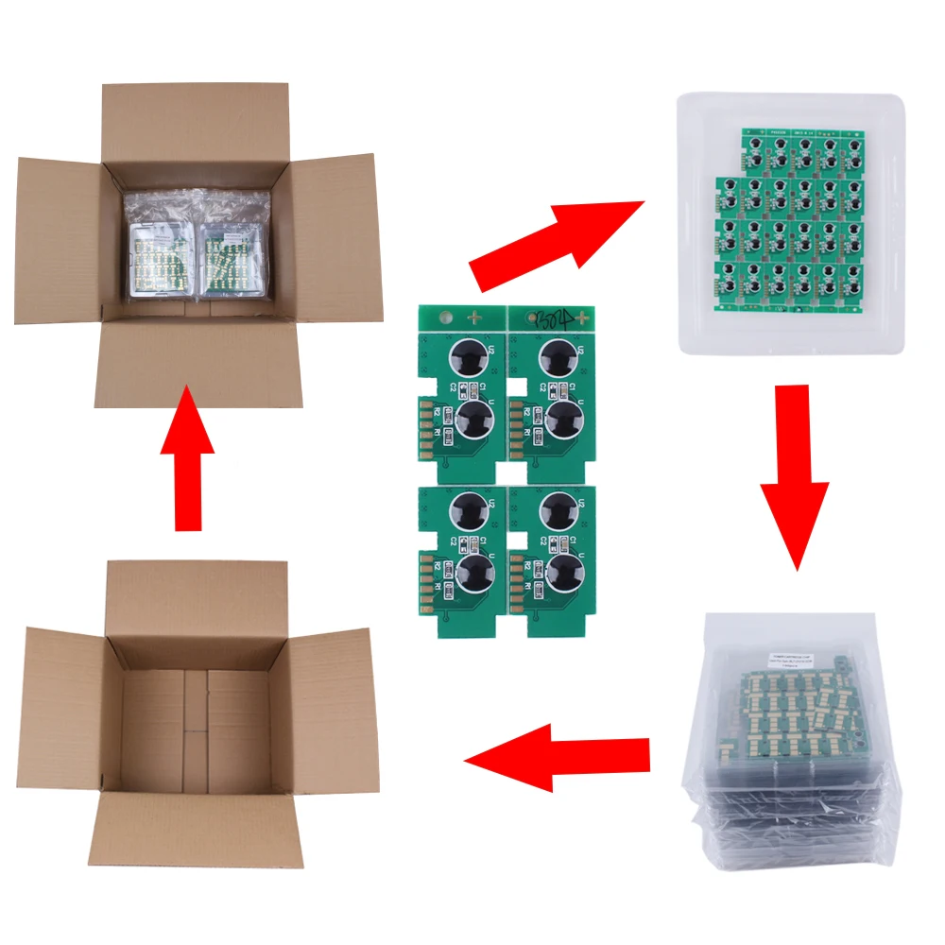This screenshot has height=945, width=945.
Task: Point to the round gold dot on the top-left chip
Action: click(443, 319)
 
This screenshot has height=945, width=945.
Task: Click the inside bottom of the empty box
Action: click(195, 728)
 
